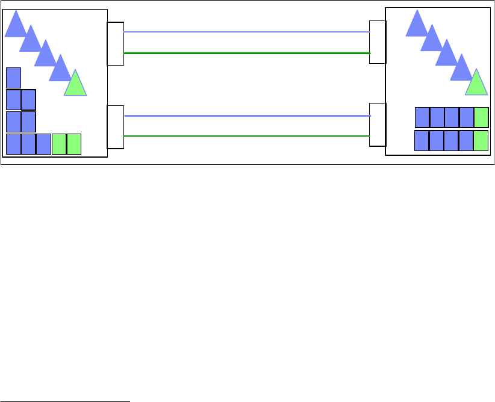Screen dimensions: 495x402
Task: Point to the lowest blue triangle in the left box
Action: pyautogui.click(x=59, y=70)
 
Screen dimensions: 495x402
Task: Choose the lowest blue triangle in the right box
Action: pyautogui.click(x=461, y=70)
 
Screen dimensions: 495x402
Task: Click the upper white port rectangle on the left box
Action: pyautogui.click(x=115, y=44)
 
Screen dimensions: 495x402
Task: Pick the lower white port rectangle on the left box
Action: pyautogui.click(x=115, y=127)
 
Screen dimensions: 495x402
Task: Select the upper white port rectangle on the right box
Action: pyautogui.click(x=378, y=42)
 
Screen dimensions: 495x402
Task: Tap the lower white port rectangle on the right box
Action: pyautogui.click(x=378, y=125)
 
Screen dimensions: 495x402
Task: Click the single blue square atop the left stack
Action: pyautogui.click(x=13, y=78)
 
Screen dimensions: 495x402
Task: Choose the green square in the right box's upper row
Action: pyautogui.click(x=481, y=117)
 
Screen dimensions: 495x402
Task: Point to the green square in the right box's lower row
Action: pyautogui.click(x=481, y=140)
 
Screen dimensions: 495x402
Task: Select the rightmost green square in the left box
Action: pyautogui.click(x=73, y=144)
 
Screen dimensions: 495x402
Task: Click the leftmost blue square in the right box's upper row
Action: pyautogui.click(x=422, y=117)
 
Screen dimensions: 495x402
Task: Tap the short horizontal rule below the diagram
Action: pyautogui.click(x=65, y=400)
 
